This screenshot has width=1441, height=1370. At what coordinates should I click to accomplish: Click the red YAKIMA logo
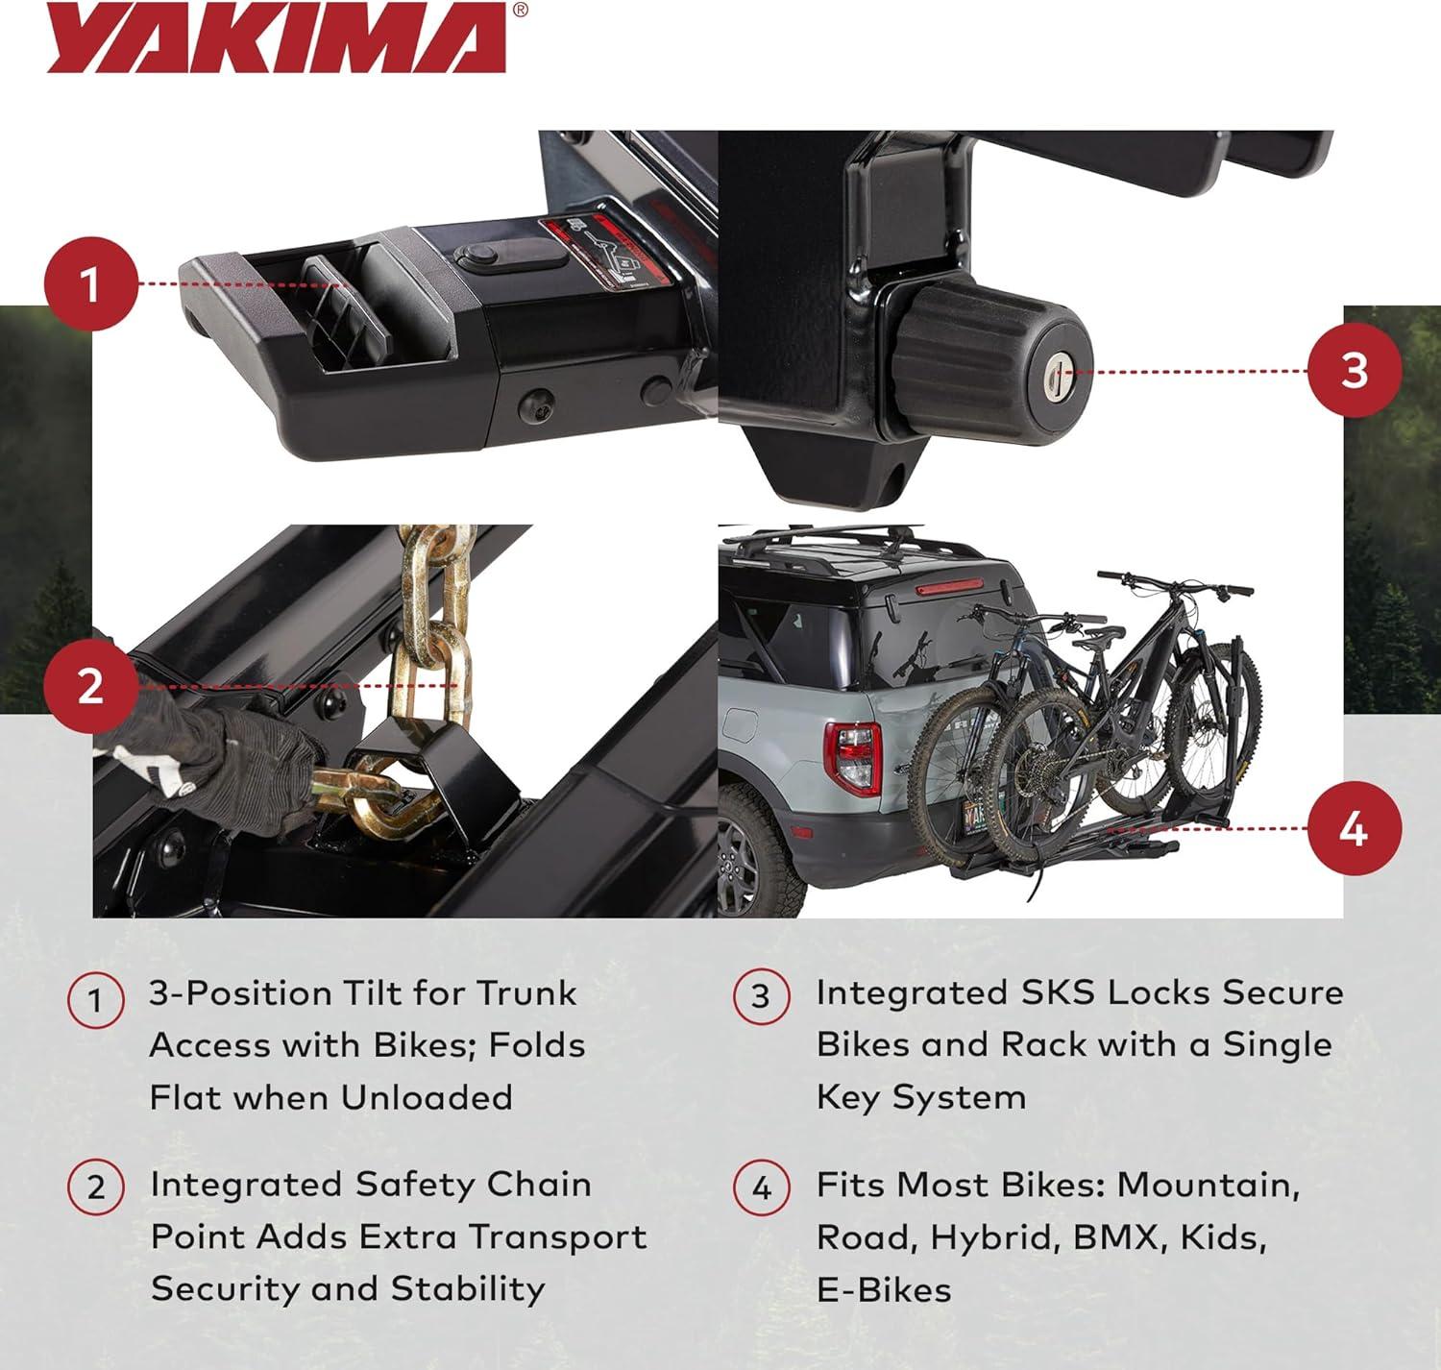click(277, 38)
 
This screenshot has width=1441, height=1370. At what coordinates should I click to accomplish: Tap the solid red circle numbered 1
click(91, 283)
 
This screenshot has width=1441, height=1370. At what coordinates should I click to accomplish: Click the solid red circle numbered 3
click(1355, 371)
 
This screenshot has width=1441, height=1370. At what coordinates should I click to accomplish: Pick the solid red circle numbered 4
click(1355, 829)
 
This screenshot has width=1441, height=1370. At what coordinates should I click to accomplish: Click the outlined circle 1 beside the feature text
click(95, 1000)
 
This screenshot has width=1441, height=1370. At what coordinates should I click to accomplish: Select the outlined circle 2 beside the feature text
click(95, 1187)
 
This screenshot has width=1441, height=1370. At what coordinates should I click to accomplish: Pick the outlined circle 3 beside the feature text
click(762, 995)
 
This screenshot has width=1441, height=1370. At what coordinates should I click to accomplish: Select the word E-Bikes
click(884, 1290)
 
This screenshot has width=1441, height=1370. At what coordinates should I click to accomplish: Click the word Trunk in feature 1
click(527, 994)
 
